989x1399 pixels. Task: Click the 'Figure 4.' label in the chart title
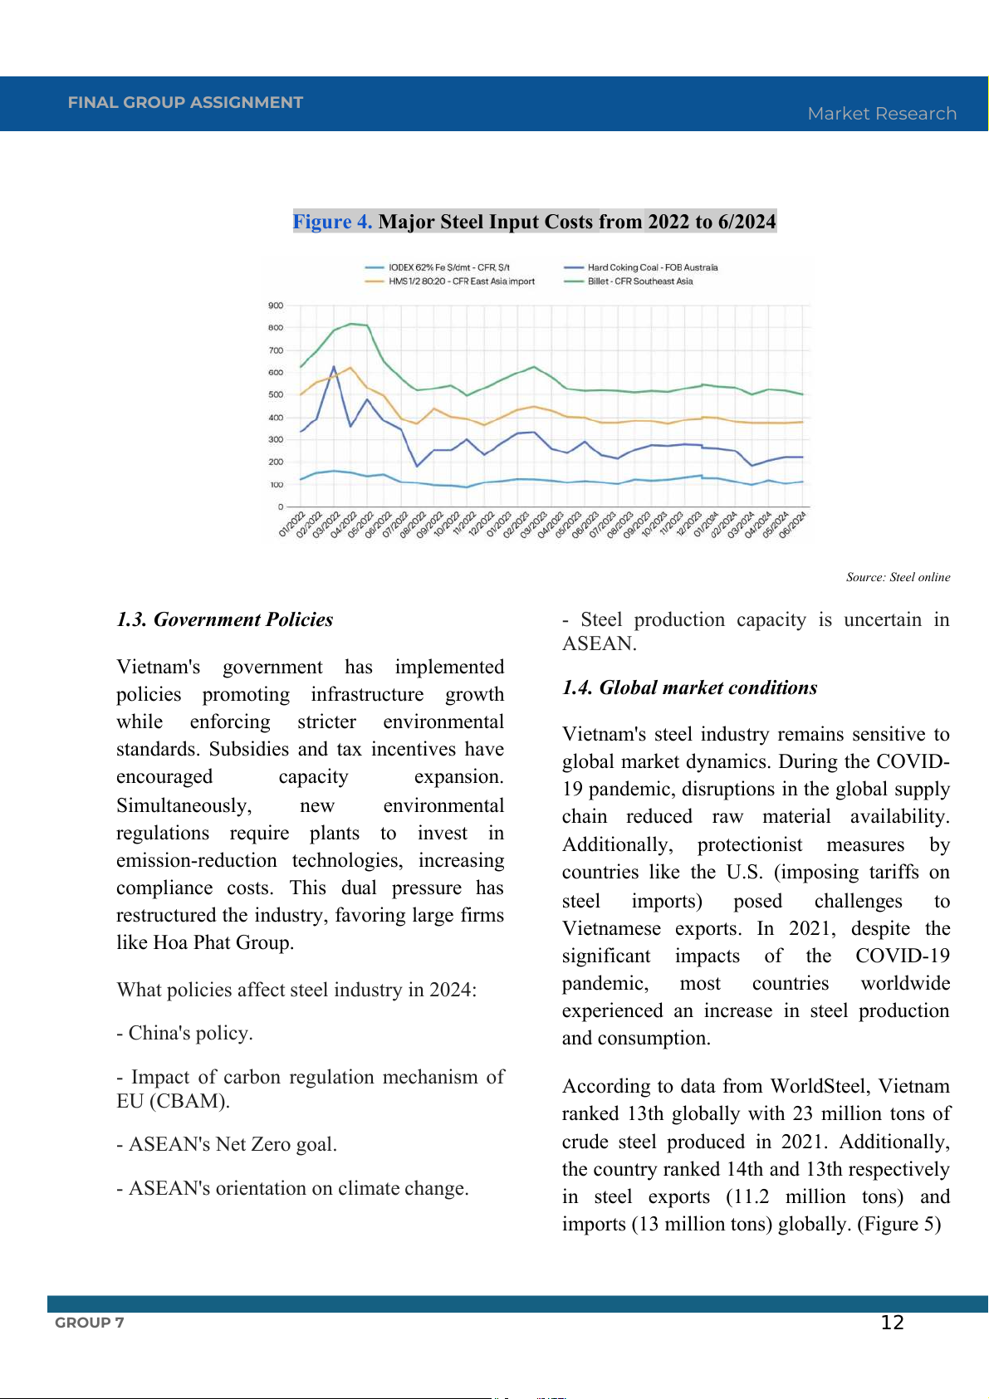[332, 222]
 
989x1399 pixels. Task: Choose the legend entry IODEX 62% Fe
[448, 267]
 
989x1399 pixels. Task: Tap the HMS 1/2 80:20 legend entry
[461, 281]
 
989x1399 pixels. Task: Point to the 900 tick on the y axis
[276, 306]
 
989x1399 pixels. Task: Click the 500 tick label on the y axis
[276, 395]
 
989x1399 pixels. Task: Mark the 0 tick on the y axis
[281, 506]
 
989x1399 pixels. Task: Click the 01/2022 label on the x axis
[292, 525]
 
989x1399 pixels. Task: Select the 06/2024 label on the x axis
[793, 525]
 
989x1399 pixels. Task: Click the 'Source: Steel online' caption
[898, 577]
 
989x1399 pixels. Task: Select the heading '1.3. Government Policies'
[225, 619]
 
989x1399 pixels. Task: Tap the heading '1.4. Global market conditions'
[689, 687]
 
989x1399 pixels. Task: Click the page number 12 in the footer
[892, 1323]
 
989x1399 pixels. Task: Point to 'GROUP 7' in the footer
[90, 1323]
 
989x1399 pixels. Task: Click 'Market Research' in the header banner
[882, 114]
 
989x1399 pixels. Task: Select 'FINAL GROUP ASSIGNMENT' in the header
[185, 102]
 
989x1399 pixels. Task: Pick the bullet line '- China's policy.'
[185, 1033]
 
